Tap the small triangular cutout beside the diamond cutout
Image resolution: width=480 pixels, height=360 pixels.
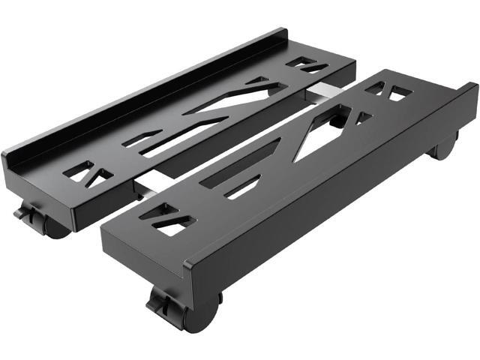[x=364, y=118]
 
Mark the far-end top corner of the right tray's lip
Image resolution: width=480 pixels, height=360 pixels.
[x=472, y=86]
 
